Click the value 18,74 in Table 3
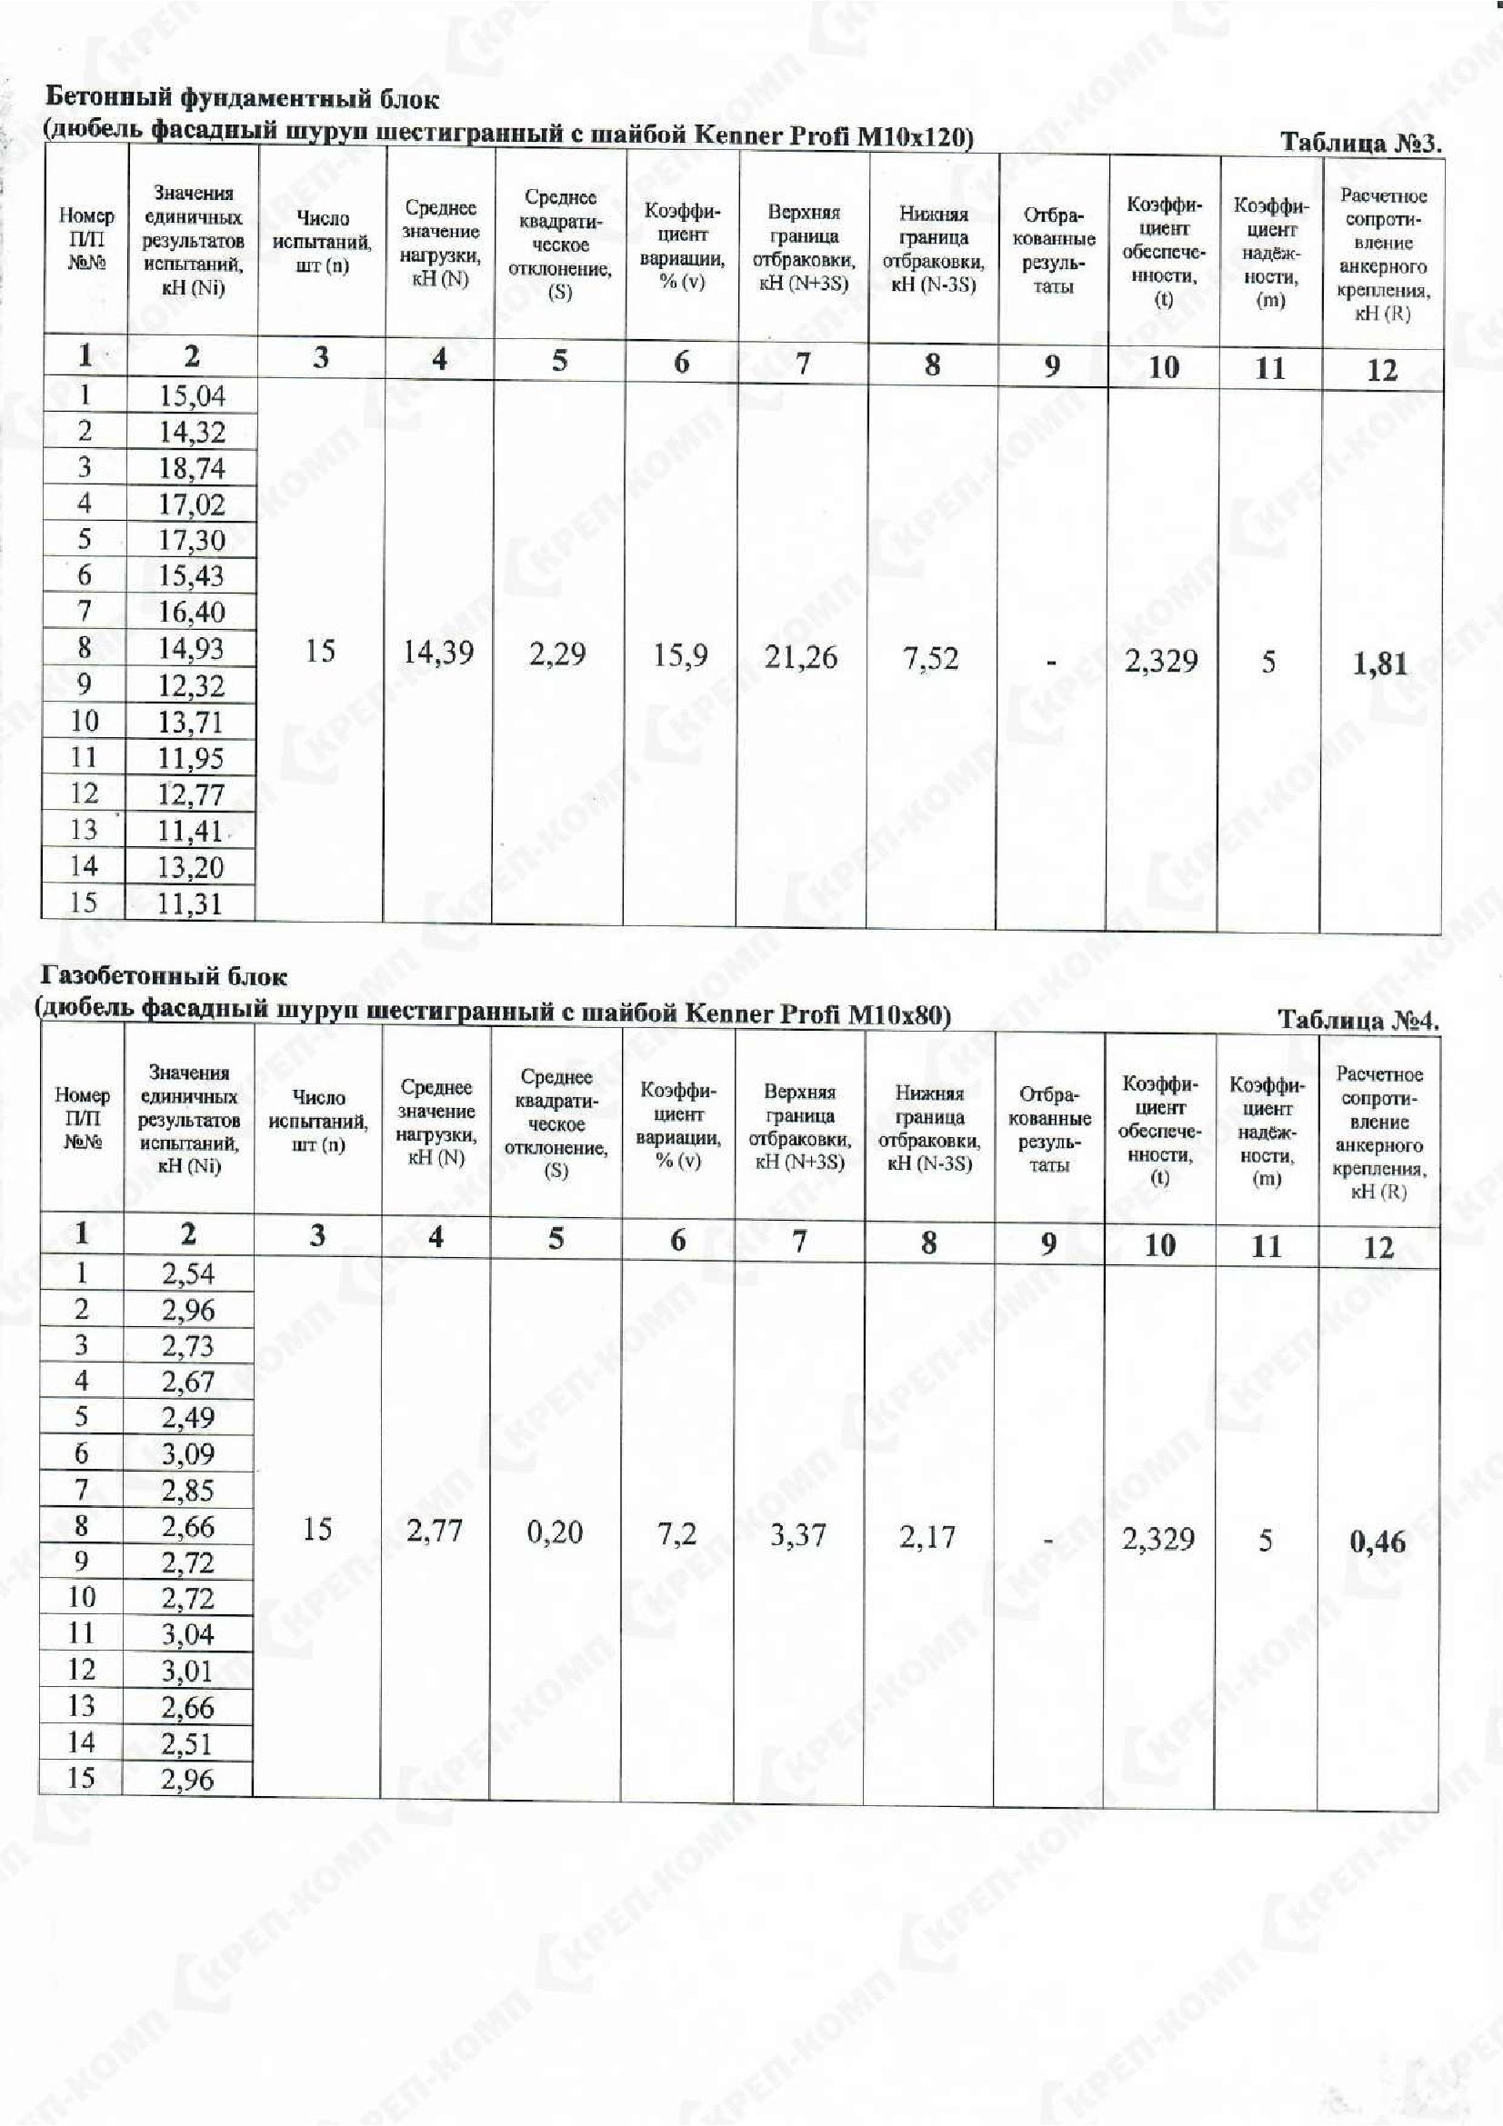click(x=192, y=467)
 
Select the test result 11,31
click(x=191, y=903)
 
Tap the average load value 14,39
click(x=438, y=652)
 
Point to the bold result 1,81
click(x=1380, y=663)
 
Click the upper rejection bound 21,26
click(x=801, y=656)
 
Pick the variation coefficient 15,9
click(x=681, y=654)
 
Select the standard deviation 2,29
click(x=557, y=654)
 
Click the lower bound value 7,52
click(x=931, y=658)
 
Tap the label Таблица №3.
click(x=1360, y=144)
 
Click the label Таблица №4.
click(x=1358, y=1021)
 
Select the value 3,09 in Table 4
click(x=188, y=1453)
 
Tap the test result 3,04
click(x=188, y=1634)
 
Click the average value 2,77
click(x=435, y=1531)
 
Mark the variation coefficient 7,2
click(x=677, y=1533)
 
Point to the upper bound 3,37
click(x=797, y=1535)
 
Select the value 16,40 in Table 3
click(x=192, y=611)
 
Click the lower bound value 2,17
click(x=927, y=1537)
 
